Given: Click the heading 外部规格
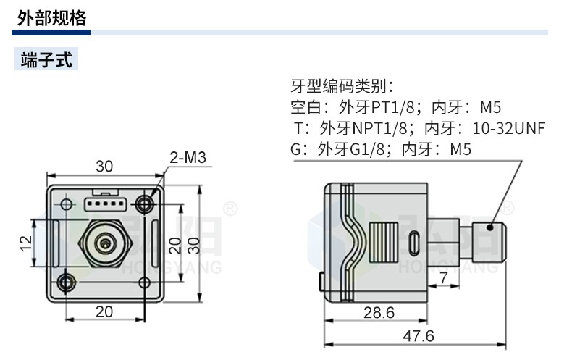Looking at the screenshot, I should point(52,18).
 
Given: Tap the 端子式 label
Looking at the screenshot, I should point(47,59).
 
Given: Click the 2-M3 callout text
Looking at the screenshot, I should point(188,157).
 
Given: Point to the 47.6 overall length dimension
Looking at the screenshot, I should point(419,336).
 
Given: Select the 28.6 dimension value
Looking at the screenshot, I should point(377,312).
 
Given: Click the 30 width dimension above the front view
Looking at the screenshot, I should point(104,167).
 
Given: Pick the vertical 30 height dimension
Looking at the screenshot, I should point(192,245).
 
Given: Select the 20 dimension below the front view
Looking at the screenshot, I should point(104,311).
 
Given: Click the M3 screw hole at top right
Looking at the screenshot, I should point(148,204).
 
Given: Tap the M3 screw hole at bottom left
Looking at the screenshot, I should point(66,281).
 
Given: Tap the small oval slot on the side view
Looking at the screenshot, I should point(414,242).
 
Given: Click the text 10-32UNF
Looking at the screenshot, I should point(508,129).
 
